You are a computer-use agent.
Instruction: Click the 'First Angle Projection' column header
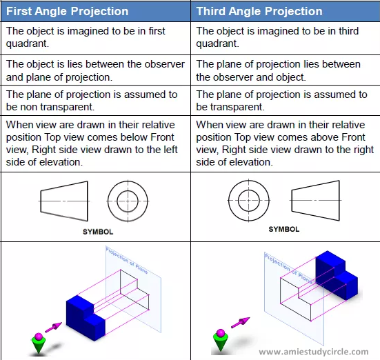67,12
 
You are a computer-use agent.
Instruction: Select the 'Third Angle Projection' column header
259,12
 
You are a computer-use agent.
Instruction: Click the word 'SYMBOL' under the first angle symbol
98,232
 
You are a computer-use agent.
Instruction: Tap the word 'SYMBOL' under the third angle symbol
283,229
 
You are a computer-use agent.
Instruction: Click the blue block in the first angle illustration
86,317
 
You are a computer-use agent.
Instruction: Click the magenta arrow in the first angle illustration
54,328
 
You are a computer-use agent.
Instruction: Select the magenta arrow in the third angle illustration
241,323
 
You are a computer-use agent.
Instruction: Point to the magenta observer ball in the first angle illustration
39,337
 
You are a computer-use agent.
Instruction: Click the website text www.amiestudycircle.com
314,352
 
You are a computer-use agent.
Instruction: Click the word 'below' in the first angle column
134,137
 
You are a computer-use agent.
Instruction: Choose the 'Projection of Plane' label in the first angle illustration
127,260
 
